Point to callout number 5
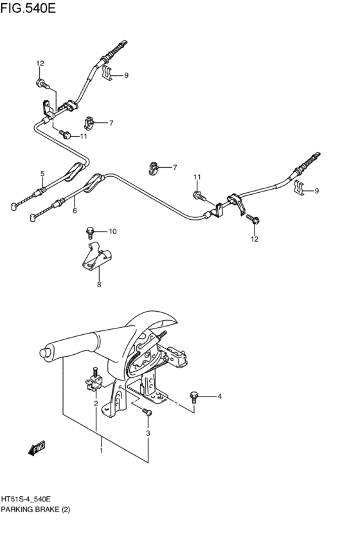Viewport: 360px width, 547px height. click(x=42, y=174)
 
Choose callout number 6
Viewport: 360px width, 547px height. click(x=75, y=210)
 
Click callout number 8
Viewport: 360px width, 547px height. click(x=99, y=285)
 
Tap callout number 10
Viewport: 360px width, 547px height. click(x=113, y=231)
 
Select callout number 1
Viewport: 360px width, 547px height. click(x=101, y=451)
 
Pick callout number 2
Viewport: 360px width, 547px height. click(x=95, y=404)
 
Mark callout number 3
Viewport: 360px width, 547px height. click(x=148, y=434)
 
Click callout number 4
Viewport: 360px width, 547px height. click(x=219, y=396)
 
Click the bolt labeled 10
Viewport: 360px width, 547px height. click(x=91, y=231)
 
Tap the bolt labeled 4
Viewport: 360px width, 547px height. click(x=194, y=396)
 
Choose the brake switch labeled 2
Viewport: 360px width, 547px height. click(x=93, y=382)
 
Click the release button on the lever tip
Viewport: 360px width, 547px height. click(x=44, y=352)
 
